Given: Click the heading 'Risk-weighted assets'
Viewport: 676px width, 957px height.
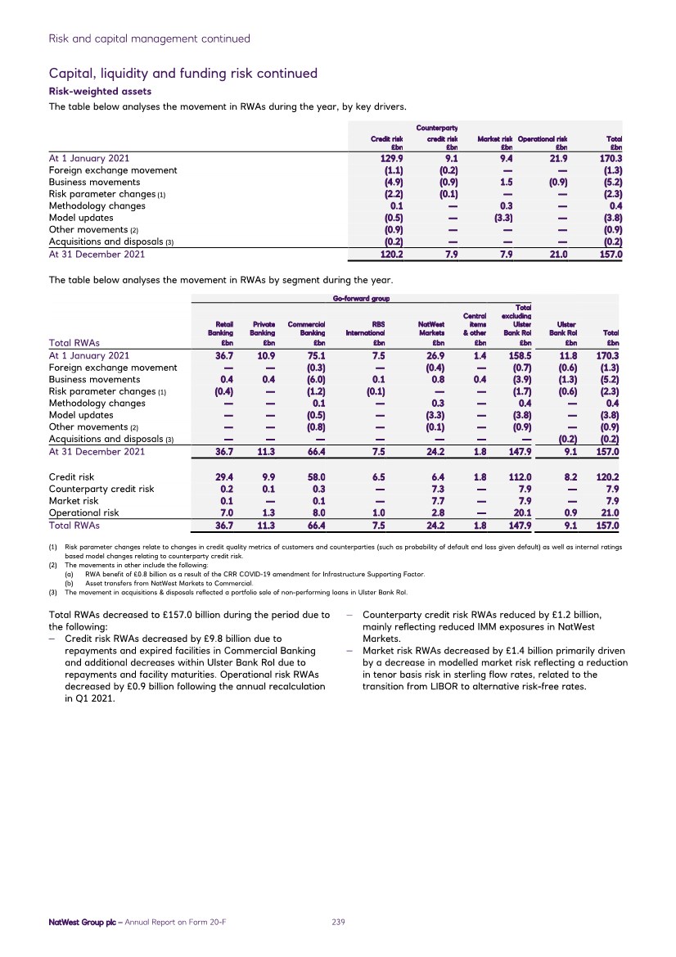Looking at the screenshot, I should (100, 92).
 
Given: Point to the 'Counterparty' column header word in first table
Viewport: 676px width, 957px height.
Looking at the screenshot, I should (436, 128).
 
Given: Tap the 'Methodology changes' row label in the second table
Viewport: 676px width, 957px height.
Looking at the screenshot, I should (97, 403).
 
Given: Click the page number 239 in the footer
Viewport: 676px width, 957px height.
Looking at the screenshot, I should (338, 922).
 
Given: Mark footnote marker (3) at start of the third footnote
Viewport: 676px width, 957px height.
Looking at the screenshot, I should (52, 592).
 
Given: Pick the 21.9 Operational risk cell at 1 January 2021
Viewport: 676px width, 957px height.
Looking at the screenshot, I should (556, 158).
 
